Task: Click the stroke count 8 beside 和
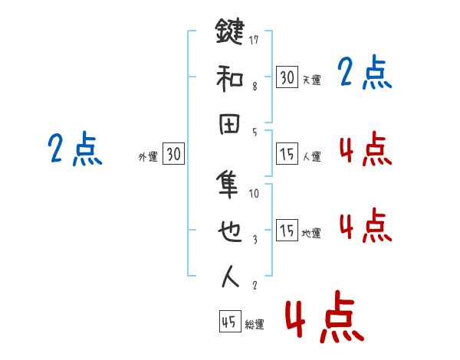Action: tap(254, 87)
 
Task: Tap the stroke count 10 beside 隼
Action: tap(255, 194)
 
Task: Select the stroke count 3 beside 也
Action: tap(255, 240)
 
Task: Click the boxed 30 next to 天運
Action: tap(287, 77)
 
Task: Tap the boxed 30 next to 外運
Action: tap(174, 155)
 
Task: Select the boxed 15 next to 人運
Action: tap(287, 155)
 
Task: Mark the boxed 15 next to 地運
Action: tap(287, 231)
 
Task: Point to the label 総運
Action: tap(255, 325)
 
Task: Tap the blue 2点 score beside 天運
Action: tap(365, 74)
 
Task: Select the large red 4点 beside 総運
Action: tap(324, 316)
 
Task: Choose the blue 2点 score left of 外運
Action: tap(74, 149)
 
